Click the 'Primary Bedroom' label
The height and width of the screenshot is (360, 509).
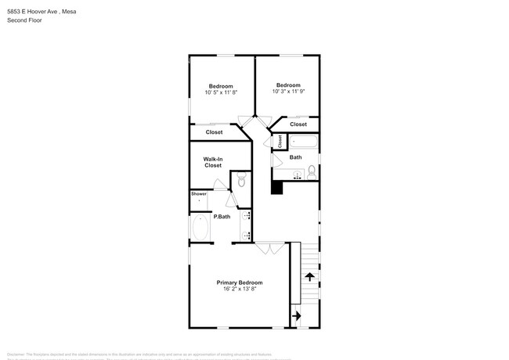coord(239,283)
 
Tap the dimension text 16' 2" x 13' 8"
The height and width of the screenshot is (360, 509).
coord(239,290)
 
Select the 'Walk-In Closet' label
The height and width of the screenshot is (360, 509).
coord(213,162)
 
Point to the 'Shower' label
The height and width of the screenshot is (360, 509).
coord(199,193)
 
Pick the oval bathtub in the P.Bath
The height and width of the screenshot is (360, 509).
coord(200,228)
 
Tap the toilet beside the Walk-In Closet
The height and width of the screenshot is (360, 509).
coord(242,182)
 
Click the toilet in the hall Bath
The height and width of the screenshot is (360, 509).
coord(311,171)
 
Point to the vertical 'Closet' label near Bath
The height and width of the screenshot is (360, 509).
coord(279,142)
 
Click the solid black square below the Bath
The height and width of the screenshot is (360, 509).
coord(276,187)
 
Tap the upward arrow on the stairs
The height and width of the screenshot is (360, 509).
coord(309,276)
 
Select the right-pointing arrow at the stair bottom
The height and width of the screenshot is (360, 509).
coord(296,315)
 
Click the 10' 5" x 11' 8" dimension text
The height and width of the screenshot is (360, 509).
coord(222,92)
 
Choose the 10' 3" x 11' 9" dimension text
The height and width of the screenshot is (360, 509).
coord(287,92)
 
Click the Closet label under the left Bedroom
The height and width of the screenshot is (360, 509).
coord(214,132)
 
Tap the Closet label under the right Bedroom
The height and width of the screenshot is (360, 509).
coord(298,124)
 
